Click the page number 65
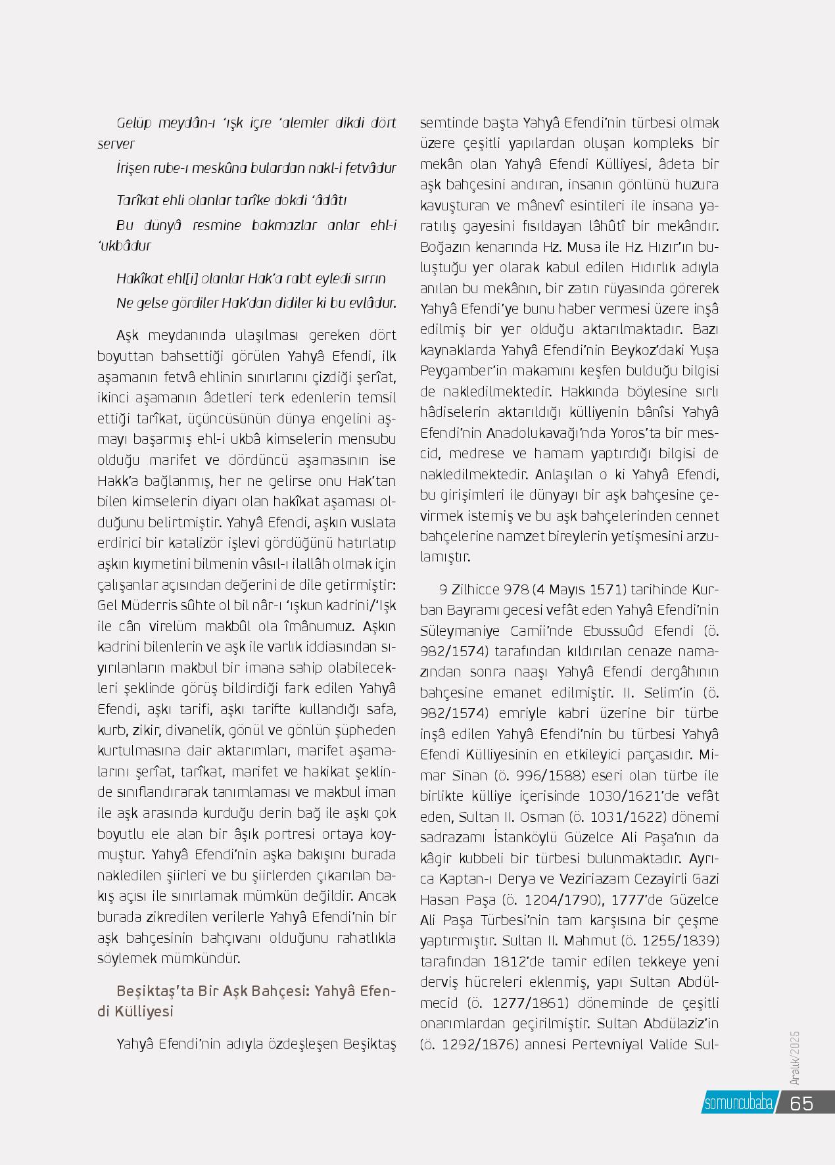coord(801,1103)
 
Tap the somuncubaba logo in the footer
coord(738,1103)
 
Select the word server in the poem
coord(116,143)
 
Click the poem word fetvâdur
coord(369,168)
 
